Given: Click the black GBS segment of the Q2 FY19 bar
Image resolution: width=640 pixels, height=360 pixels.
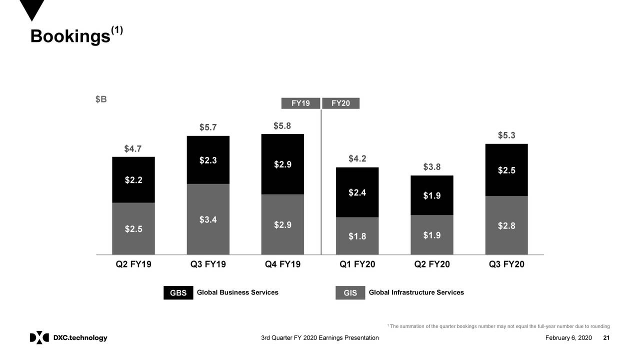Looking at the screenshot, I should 133,180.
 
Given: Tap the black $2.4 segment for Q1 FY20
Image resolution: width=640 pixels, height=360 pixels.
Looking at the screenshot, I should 357,192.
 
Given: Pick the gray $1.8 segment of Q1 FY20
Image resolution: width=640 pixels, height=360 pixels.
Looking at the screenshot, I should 357,236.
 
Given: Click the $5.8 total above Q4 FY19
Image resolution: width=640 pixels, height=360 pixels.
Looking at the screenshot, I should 282,125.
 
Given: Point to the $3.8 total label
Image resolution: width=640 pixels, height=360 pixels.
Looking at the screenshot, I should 431,167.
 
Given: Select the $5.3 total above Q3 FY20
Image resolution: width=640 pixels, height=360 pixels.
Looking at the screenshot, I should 506,135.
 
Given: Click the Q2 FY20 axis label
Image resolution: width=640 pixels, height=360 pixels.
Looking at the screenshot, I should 432,264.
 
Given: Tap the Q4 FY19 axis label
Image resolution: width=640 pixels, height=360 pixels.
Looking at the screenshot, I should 282,264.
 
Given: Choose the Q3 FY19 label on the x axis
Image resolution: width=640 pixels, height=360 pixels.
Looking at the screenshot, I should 208,264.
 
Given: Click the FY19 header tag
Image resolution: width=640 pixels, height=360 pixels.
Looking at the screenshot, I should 300,103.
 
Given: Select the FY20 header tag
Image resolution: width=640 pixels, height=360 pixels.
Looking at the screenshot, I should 340,103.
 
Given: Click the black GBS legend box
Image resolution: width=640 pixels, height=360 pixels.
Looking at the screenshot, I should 178,293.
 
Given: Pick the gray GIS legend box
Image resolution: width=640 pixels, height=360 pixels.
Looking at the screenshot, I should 350,293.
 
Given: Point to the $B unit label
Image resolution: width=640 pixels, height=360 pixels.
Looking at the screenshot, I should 101,99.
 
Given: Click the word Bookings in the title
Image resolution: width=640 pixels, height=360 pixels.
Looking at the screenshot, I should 69,36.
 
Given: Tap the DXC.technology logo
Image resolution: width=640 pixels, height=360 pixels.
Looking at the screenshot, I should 68,338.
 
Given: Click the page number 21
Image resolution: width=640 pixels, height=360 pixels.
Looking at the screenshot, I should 606,338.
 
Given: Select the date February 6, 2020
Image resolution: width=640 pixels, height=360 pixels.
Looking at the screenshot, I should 568,338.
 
